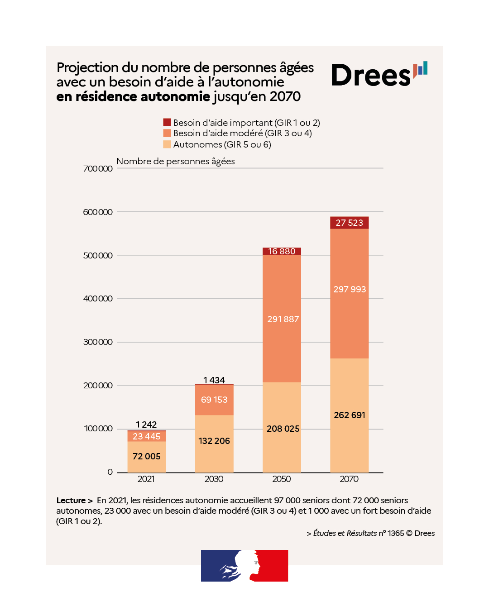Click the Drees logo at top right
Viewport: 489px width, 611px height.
379,75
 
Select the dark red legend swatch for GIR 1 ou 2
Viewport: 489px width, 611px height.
167,123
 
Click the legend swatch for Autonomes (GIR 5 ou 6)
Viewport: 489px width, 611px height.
167,144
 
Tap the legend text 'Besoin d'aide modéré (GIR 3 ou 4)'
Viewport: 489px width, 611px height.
242,133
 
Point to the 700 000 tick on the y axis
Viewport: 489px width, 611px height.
98,169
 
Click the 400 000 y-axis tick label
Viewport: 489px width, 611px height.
98,299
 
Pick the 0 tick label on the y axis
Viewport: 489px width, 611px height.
110,472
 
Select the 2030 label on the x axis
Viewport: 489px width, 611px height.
214,479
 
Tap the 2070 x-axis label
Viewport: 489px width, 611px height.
349,479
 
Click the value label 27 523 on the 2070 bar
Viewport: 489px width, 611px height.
349,223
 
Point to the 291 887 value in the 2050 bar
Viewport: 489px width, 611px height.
283,319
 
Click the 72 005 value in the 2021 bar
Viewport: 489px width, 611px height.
146,456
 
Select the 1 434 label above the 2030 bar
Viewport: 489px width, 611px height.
214,380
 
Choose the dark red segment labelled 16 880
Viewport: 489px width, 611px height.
282,251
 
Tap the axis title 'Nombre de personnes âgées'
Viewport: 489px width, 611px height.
175,161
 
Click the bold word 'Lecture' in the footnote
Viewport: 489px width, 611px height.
71,500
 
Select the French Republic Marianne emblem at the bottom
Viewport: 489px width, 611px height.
244,566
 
